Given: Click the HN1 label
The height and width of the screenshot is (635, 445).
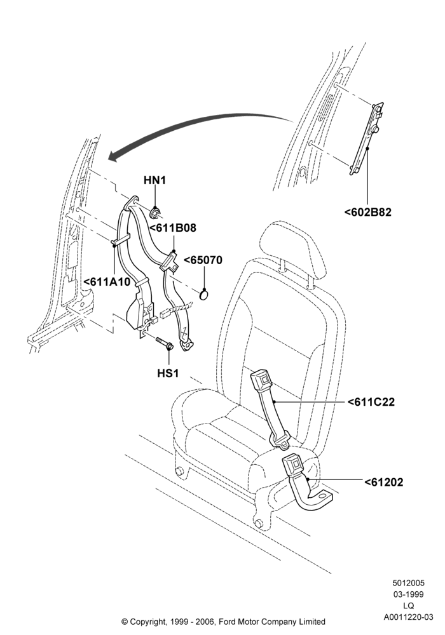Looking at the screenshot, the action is [155, 180].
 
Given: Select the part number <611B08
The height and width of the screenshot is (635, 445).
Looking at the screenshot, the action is [173, 228].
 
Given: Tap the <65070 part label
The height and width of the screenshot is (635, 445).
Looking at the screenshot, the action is [203, 260].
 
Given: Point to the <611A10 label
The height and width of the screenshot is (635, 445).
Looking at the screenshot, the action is [107, 281].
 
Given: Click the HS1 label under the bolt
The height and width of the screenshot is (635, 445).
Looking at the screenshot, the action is [168, 373].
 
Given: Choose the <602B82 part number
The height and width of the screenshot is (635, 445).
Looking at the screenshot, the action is [368, 212].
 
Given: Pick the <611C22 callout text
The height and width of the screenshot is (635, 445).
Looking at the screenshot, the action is [371, 402].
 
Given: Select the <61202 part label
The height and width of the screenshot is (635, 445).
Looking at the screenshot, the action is [384, 483].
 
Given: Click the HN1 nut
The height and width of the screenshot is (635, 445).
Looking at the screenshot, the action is [155, 212].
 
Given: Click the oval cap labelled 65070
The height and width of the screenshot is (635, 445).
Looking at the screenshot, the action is [205, 295].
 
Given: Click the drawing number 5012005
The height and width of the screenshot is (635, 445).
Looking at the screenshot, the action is [408, 583].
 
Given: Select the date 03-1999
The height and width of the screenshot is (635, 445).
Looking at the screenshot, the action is [408, 594].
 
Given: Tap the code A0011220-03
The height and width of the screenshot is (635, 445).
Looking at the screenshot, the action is [408, 617].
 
